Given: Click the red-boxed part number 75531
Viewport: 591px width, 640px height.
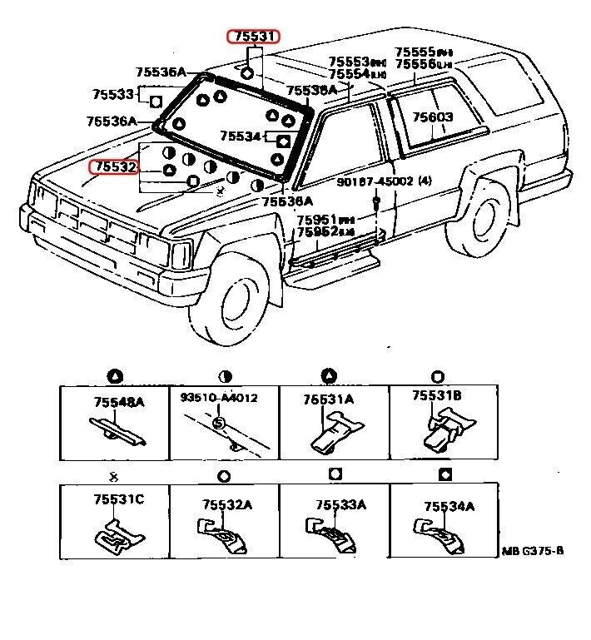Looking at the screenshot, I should click(255, 36).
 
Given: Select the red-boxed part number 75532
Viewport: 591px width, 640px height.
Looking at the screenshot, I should click(114, 167).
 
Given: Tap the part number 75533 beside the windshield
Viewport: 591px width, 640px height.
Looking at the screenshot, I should click(113, 94).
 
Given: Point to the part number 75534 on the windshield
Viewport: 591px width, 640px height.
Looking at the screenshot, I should click(241, 136).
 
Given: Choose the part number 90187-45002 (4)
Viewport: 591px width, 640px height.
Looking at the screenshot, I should click(384, 181).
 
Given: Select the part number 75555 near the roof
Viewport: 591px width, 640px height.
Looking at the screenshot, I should click(417, 52).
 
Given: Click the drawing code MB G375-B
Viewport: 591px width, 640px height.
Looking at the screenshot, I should click(532, 551).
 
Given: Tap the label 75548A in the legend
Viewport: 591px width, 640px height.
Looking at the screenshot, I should click(117, 402).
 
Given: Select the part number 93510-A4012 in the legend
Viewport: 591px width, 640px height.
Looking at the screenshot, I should click(219, 398).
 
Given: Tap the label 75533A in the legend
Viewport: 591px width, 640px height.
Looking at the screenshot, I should click(339, 504).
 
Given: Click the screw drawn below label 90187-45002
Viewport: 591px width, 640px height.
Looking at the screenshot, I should click(376, 201).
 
